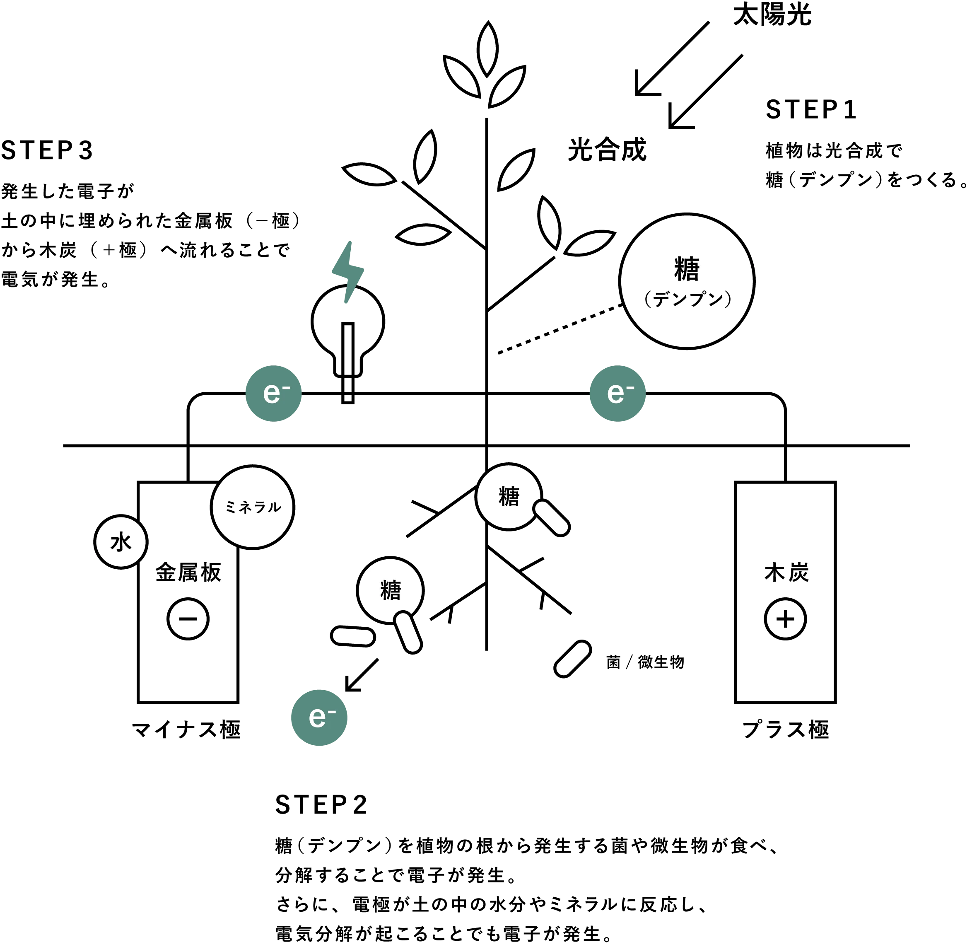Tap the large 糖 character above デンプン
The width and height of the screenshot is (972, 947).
click(687, 269)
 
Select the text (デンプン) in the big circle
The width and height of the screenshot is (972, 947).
click(687, 300)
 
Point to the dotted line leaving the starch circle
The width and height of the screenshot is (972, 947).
click(562, 328)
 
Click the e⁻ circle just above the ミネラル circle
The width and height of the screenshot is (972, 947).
click(273, 394)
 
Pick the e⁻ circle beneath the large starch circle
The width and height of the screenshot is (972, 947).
click(618, 394)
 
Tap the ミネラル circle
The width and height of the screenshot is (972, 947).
click(253, 507)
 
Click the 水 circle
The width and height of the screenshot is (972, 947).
click(121, 542)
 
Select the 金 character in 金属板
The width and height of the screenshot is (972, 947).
click(166, 573)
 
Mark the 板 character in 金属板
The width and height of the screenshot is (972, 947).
click(211, 573)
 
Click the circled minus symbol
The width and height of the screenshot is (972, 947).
click(188, 619)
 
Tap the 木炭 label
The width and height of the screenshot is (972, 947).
click(786, 573)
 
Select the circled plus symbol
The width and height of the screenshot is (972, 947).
click(785, 619)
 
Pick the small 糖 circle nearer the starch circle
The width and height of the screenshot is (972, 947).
click(508, 496)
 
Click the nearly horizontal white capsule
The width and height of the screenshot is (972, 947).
click(353, 636)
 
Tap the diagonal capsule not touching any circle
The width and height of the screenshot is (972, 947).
click(572, 659)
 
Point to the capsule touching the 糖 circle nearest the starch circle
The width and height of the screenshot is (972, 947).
click(550, 518)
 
